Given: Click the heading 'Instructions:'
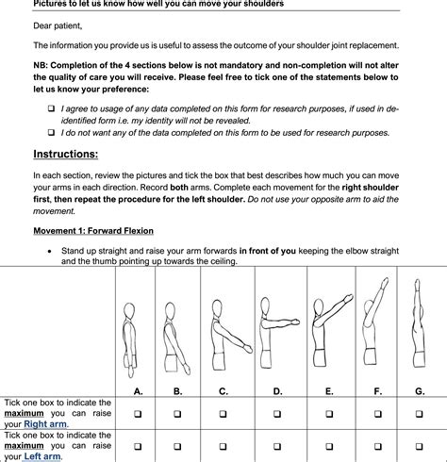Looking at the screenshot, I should [x=65, y=154].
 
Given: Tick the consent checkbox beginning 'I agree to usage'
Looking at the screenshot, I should [x=51, y=109].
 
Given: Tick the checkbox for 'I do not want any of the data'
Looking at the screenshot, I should [x=51, y=133].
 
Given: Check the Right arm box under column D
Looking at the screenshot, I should [x=277, y=414].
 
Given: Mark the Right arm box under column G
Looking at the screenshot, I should [x=418, y=414].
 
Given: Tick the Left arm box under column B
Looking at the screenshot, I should [x=177, y=446].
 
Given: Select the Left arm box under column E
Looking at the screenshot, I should [x=328, y=446].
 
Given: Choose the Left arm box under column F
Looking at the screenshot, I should [x=377, y=446].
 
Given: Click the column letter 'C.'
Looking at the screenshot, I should [x=223, y=390].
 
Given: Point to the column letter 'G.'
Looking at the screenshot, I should [x=418, y=390].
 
